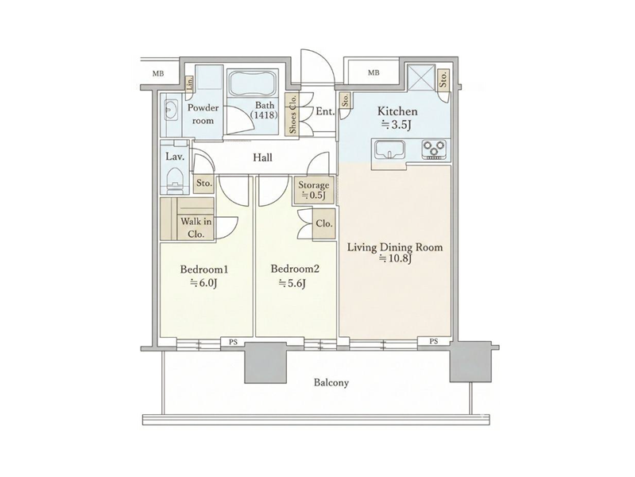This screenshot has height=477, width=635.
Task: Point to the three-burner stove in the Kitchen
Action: tap(434, 149)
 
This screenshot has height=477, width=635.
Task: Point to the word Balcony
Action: tap(331, 382)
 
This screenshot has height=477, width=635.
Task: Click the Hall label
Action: tap(262, 157)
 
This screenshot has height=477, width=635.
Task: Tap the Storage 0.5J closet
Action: tap(315, 190)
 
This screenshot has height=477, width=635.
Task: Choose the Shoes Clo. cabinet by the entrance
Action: tap(292, 114)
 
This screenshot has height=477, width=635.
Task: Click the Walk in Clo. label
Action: tap(196, 227)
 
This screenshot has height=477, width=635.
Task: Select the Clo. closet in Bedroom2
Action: tap(324, 223)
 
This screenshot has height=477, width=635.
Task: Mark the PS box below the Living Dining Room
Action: tap(434, 341)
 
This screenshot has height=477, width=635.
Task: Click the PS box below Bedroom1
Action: tap(234, 342)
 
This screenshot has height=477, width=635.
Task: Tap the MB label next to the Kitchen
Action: tap(374, 73)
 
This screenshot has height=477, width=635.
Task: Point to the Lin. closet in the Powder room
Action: tap(189, 83)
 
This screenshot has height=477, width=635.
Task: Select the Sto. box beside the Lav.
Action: tap(204, 183)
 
